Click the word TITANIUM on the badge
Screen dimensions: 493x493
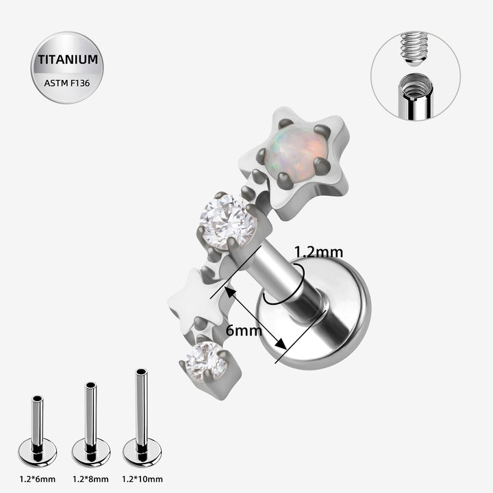68,60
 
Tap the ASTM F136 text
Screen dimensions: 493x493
67,84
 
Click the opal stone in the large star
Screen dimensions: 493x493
294,151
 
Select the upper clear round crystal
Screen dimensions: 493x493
228,221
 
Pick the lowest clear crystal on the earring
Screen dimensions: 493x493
206,362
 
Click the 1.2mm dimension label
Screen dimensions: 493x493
318,252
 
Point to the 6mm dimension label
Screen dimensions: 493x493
244,331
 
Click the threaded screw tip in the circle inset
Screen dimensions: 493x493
414,49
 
